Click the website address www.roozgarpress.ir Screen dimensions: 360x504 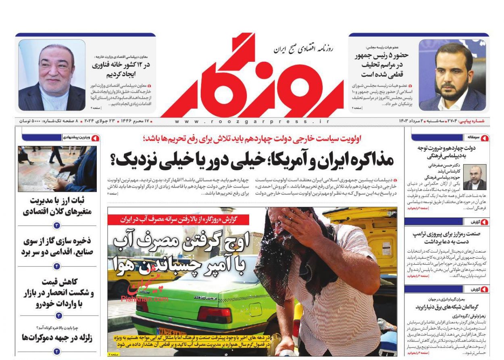click(252, 121)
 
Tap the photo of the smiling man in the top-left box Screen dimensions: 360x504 click(52, 75)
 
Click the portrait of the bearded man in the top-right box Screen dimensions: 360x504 click(452, 75)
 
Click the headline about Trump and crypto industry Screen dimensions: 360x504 click(446, 237)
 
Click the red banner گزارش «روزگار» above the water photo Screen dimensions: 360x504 click(178, 220)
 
